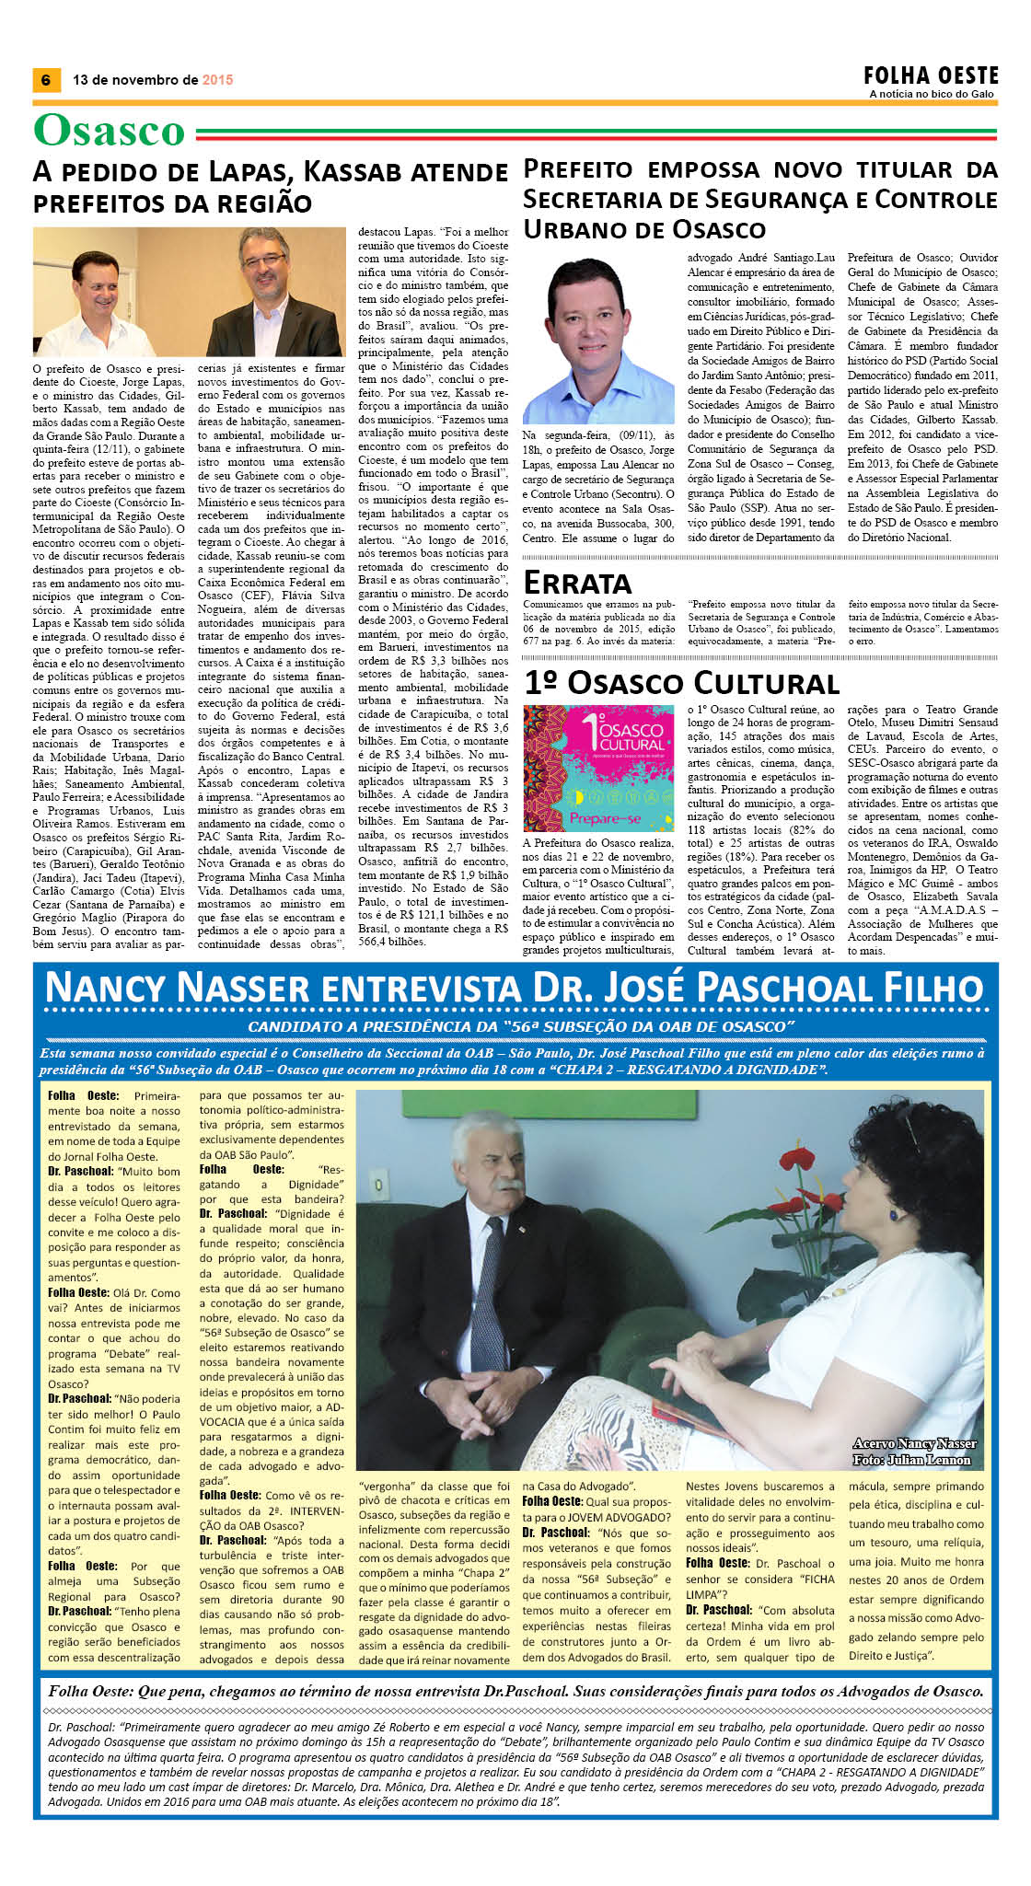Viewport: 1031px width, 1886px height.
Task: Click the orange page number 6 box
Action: [45, 80]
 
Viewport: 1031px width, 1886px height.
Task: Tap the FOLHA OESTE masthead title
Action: [930, 75]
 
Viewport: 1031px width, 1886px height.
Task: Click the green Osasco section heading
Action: [110, 131]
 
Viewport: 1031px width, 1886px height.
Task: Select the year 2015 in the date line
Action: [217, 80]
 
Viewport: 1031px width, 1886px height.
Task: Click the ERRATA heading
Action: [577, 583]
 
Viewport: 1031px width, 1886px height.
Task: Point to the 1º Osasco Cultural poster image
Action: [597, 769]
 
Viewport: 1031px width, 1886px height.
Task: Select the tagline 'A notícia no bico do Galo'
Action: [932, 94]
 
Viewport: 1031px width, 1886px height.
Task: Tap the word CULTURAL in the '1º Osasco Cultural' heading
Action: [767, 683]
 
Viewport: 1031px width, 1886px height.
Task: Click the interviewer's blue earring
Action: [892, 1215]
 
